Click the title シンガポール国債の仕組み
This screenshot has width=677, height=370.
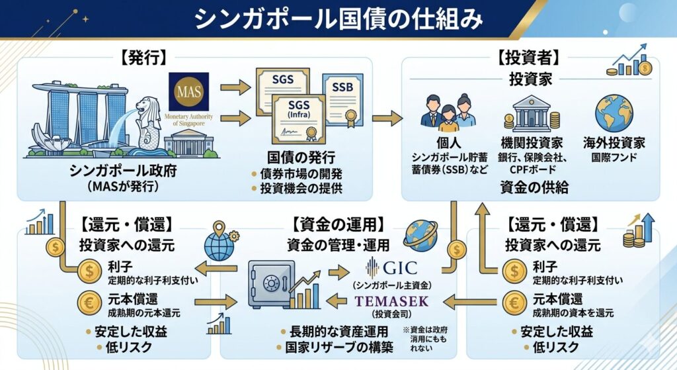pos(338,21)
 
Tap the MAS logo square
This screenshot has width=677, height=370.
pos(189,91)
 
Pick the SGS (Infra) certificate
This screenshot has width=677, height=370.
pos(299,114)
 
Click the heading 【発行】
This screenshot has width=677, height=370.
pos(142,58)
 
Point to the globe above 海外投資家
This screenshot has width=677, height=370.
pos(614,114)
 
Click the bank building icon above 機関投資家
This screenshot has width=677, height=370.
pos(532,114)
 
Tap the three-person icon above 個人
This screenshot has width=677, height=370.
pos(448,113)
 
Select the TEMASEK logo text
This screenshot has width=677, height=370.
pos(391,301)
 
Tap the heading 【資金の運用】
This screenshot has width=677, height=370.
pos(338,224)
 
